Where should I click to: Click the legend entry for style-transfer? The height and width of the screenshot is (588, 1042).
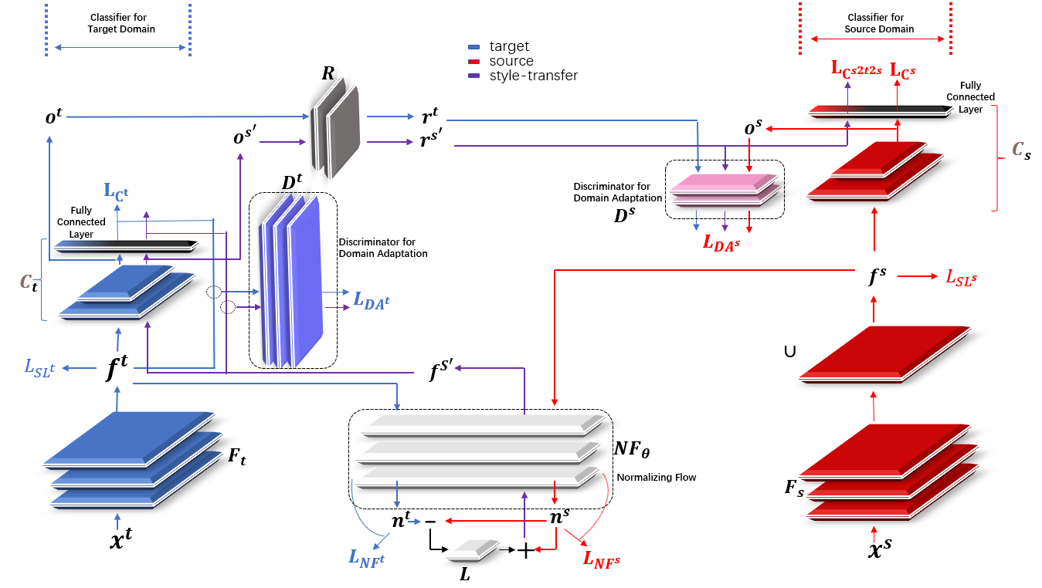[533, 76]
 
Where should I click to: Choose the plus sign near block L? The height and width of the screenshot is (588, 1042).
[524, 551]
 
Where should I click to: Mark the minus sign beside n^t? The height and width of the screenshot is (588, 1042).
[430, 522]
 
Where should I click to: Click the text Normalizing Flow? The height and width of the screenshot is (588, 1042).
[656, 478]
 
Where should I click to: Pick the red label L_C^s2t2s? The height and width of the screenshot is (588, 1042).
[857, 69]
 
